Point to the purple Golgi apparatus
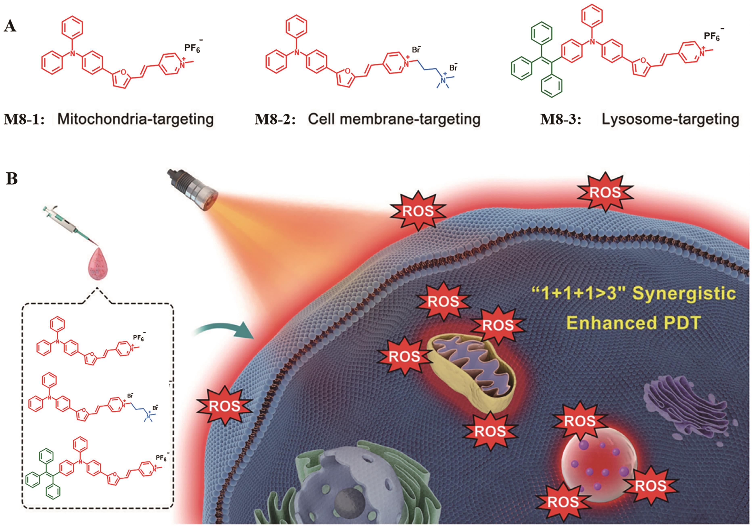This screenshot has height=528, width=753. pyautogui.click(x=685, y=413)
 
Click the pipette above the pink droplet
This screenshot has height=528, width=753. pyautogui.click(x=70, y=226)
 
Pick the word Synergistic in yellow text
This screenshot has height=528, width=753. pyautogui.click(x=684, y=293)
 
